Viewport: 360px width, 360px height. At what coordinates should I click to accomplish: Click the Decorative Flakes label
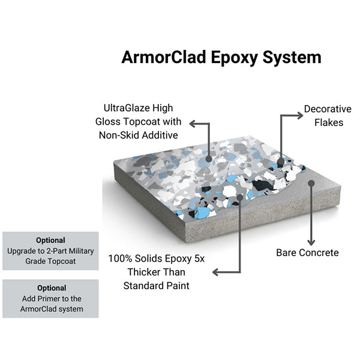pos(328,115)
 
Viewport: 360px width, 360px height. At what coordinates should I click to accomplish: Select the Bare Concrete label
pos(307,253)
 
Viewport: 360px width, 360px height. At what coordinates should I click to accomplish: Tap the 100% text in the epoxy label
pos(121,259)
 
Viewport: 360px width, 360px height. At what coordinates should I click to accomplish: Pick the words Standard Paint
pos(156,286)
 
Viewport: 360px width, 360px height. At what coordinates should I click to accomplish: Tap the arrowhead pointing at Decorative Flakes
pos(298,115)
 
